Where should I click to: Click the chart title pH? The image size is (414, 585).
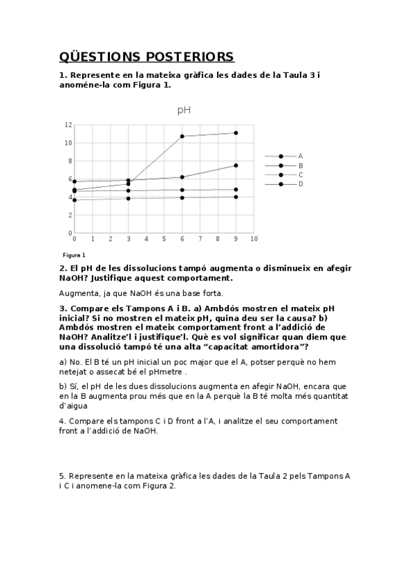pyautogui.click(x=184, y=110)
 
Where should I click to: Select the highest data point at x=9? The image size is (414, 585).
pyautogui.click(x=236, y=133)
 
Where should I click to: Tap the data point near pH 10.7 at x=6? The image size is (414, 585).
pyautogui.click(x=182, y=137)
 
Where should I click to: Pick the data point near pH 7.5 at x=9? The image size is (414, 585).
pyautogui.click(x=236, y=166)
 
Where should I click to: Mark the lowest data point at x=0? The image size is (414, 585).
pyautogui.click(x=75, y=200)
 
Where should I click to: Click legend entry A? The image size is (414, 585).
pyautogui.click(x=300, y=157)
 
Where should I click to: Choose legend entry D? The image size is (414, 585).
pyautogui.click(x=300, y=184)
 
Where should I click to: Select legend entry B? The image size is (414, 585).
pyautogui.click(x=300, y=166)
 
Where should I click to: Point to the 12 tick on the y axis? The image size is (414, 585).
pyautogui.click(x=68, y=125)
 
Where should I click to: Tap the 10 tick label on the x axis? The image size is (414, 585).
pyautogui.click(x=254, y=239)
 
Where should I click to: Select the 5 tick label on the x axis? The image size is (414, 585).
pyautogui.click(x=164, y=239)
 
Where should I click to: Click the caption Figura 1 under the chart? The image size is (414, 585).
pyautogui.click(x=74, y=255)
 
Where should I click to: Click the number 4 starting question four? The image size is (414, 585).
pyautogui.click(x=62, y=421)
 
